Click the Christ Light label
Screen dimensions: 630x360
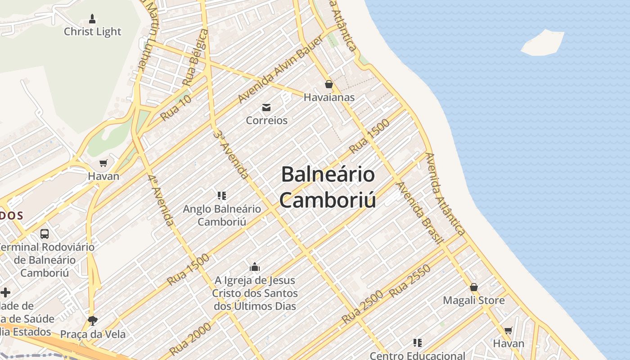[x=92, y=31]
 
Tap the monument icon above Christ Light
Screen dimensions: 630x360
[x=92, y=19]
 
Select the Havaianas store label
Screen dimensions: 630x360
[x=329, y=97]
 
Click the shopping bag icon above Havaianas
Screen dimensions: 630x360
[x=329, y=84]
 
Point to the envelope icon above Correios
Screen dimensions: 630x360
[x=266, y=107]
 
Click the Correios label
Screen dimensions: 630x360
[x=266, y=120]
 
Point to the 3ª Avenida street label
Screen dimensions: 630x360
[x=231, y=154]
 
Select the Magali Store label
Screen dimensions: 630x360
[x=473, y=300]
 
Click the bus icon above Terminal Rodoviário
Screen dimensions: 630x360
[x=45, y=234]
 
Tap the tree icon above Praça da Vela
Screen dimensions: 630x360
[x=93, y=320]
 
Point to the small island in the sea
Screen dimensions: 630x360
[x=542, y=43]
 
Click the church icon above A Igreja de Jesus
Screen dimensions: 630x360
[x=255, y=267]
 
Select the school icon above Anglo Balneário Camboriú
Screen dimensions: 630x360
[x=221, y=195]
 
